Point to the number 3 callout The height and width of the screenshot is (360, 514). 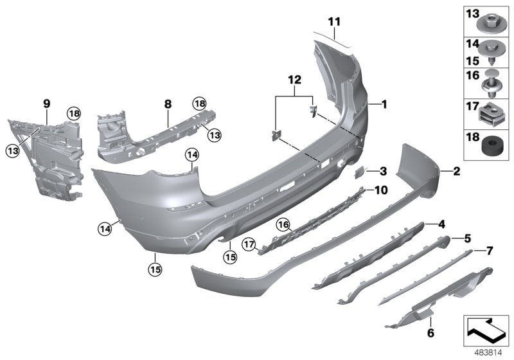[382, 172]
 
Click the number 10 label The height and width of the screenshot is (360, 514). [382, 190]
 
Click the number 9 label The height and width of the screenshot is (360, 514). [46, 102]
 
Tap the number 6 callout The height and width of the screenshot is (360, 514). [430, 333]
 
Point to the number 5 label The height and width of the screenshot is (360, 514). [467, 238]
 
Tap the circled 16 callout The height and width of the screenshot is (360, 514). [283, 224]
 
